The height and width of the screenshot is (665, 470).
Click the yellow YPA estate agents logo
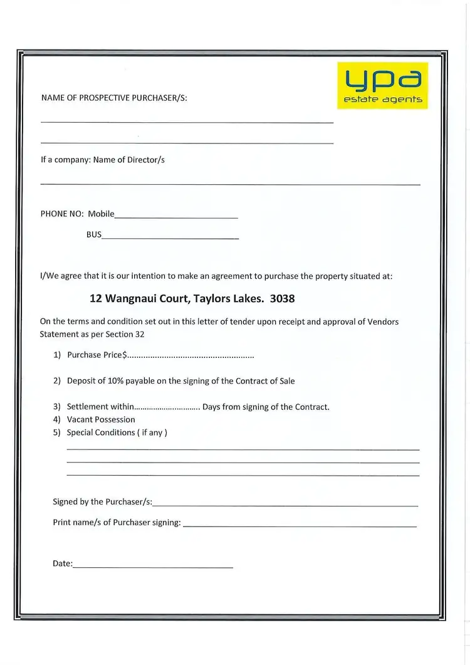tap(382, 85)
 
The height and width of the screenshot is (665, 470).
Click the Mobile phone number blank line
tap(176, 217)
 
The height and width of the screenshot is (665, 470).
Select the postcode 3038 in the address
tap(282, 299)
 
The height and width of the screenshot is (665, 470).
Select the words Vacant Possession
tap(101, 419)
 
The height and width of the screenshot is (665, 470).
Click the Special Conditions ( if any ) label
tap(117, 432)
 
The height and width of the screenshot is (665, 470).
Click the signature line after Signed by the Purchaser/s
tap(285, 505)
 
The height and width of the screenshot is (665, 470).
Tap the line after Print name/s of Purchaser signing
tap(300, 526)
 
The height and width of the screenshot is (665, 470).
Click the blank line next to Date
tap(153, 567)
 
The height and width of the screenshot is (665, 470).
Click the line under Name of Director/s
tap(230, 184)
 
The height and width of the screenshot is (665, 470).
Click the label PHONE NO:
tap(62, 214)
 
